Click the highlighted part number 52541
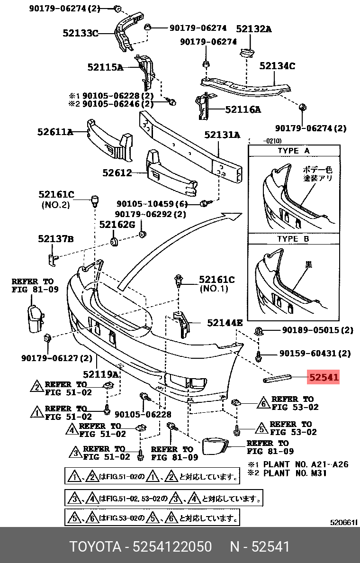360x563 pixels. click(324, 378)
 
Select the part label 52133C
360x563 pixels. click(81, 33)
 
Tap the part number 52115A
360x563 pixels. click(105, 68)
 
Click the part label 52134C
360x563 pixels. click(277, 66)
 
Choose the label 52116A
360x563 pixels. click(243, 110)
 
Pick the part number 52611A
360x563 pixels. click(55, 132)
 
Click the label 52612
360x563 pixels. click(117, 173)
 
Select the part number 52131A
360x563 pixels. click(222, 135)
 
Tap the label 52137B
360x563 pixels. click(56, 239)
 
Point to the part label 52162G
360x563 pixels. click(117, 224)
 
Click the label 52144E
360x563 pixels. click(225, 323)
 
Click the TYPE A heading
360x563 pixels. click(293, 151)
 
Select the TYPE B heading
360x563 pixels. click(293, 239)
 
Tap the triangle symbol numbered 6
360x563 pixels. click(263, 404)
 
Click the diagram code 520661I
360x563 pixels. click(343, 522)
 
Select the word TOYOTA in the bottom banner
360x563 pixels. click(96, 546)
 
